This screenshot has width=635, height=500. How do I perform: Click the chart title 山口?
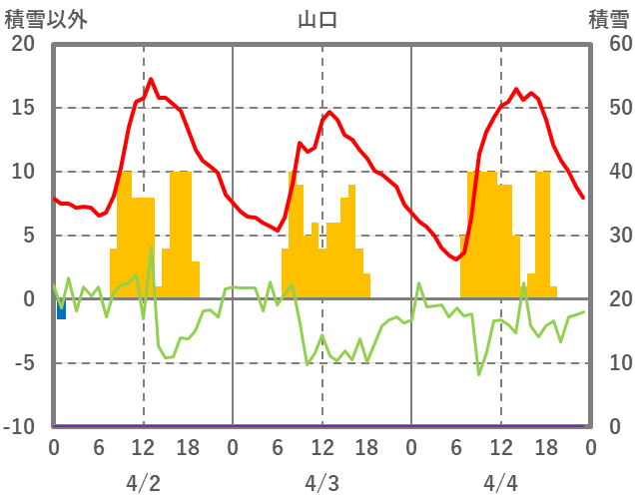coord(317,19)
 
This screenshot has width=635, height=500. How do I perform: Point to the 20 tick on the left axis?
coord(23,44)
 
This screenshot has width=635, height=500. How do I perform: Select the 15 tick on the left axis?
coord(23,108)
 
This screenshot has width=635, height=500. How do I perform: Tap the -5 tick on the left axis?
coord(23,363)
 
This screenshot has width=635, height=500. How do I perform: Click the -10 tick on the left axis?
coord(19,427)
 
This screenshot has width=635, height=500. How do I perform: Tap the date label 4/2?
coord(143,484)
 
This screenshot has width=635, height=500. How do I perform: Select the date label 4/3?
coord(321,484)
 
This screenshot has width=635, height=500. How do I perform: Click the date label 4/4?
coord(501,484)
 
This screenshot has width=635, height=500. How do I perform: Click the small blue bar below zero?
coord(61,308)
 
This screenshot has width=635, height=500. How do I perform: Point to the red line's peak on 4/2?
coord(151,79)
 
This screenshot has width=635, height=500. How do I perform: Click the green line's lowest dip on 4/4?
coord(479,374)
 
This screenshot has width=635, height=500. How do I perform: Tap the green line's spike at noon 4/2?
coord(151,248)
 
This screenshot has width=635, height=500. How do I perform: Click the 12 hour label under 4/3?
coord(321,448)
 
